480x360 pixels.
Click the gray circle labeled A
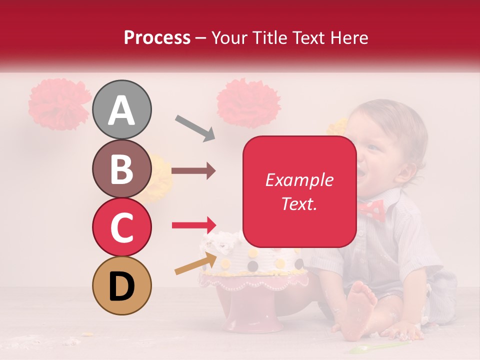click(x=122, y=109)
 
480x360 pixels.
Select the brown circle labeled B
click(x=122, y=168)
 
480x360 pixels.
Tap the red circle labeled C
click(x=122, y=227)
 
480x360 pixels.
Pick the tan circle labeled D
click(x=122, y=286)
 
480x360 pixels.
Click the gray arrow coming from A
click(x=195, y=128)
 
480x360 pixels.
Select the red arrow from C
click(x=194, y=225)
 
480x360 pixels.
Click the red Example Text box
click(x=299, y=191)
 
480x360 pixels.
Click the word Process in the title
click(x=157, y=37)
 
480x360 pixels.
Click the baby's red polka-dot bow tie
click(x=370, y=210)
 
